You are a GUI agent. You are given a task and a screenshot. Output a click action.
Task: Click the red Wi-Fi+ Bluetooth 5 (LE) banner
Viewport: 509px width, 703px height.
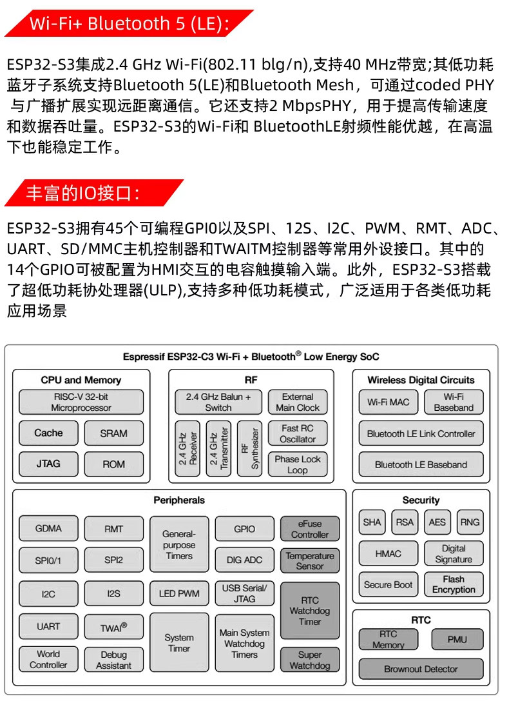coord(126,24)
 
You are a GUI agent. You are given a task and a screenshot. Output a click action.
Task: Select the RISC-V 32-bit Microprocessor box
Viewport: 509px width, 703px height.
coord(81,402)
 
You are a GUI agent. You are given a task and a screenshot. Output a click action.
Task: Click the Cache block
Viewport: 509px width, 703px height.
coord(48,433)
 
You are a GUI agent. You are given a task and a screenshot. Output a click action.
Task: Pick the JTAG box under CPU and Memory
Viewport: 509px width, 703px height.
coord(48,463)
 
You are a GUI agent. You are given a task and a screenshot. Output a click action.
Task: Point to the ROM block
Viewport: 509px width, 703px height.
coord(113,463)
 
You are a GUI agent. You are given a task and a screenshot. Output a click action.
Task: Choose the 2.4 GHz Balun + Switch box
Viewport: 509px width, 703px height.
coord(218,402)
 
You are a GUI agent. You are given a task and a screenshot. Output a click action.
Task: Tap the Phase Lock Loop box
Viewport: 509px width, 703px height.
coord(297,464)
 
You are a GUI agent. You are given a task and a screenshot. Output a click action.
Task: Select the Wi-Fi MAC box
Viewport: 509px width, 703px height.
coord(388,402)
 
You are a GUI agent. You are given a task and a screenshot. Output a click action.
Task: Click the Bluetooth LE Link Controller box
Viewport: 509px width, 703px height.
coord(421,433)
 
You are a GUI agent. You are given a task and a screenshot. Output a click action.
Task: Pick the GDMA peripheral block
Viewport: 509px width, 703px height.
coord(48,528)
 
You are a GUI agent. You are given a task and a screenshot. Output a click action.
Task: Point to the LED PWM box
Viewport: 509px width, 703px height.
coord(179,593)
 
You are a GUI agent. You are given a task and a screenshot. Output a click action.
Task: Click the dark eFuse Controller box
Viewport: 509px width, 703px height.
coord(309,529)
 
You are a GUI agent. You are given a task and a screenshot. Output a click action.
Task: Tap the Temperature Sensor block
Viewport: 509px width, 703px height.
coord(309,560)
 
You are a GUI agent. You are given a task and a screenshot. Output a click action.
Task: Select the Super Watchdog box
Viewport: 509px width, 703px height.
coord(309,660)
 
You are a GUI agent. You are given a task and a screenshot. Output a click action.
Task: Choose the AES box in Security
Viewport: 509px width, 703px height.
coord(437,522)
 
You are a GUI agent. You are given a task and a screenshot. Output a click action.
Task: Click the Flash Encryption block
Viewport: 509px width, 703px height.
coord(454,584)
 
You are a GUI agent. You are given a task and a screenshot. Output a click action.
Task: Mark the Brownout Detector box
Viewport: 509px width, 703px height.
coord(421,669)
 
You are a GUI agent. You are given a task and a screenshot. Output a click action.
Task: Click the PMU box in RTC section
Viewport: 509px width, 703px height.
coord(457,639)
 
